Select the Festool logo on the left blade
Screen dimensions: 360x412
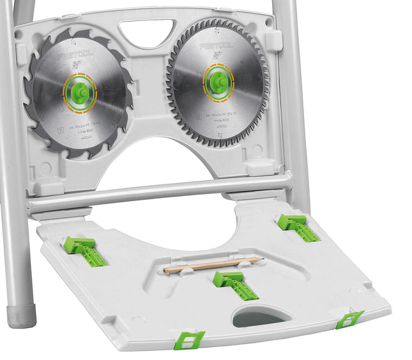pyautogui.click(x=75, y=57)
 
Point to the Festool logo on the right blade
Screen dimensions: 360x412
pyautogui.click(x=217, y=47)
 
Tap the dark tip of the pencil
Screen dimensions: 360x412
pyautogui.click(x=261, y=259)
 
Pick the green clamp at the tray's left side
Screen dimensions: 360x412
pyautogui.click(x=84, y=251)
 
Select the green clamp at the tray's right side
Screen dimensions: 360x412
pyautogui.click(x=298, y=228)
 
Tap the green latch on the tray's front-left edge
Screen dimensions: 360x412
pyautogui.click(x=190, y=340)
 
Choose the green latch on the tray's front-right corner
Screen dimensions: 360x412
pyautogui.click(x=349, y=320)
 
